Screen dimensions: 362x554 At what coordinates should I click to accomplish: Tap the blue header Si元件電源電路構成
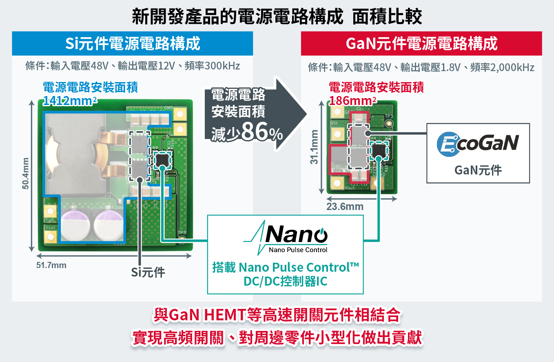[132, 43]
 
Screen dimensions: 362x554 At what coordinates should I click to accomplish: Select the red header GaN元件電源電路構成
[421, 43]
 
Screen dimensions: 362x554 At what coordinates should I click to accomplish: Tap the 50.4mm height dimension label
[26, 173]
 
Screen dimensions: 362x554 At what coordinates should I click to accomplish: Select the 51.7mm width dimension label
[51, 266]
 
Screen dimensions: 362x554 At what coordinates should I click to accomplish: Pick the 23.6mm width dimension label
[345, 207]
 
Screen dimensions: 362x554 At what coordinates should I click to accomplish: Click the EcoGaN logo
[478, 144]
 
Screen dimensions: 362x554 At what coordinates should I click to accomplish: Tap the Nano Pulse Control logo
[285, 237]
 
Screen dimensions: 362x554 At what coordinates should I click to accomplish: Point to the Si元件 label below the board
[148, 273]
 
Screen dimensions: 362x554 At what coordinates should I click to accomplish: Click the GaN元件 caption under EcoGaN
[478, 170]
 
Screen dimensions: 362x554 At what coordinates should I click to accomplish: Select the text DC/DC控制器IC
[285, 282]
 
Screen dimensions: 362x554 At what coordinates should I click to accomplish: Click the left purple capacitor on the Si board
[75, 224]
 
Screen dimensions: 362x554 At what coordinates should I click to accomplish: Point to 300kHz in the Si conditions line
[222, 66]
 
